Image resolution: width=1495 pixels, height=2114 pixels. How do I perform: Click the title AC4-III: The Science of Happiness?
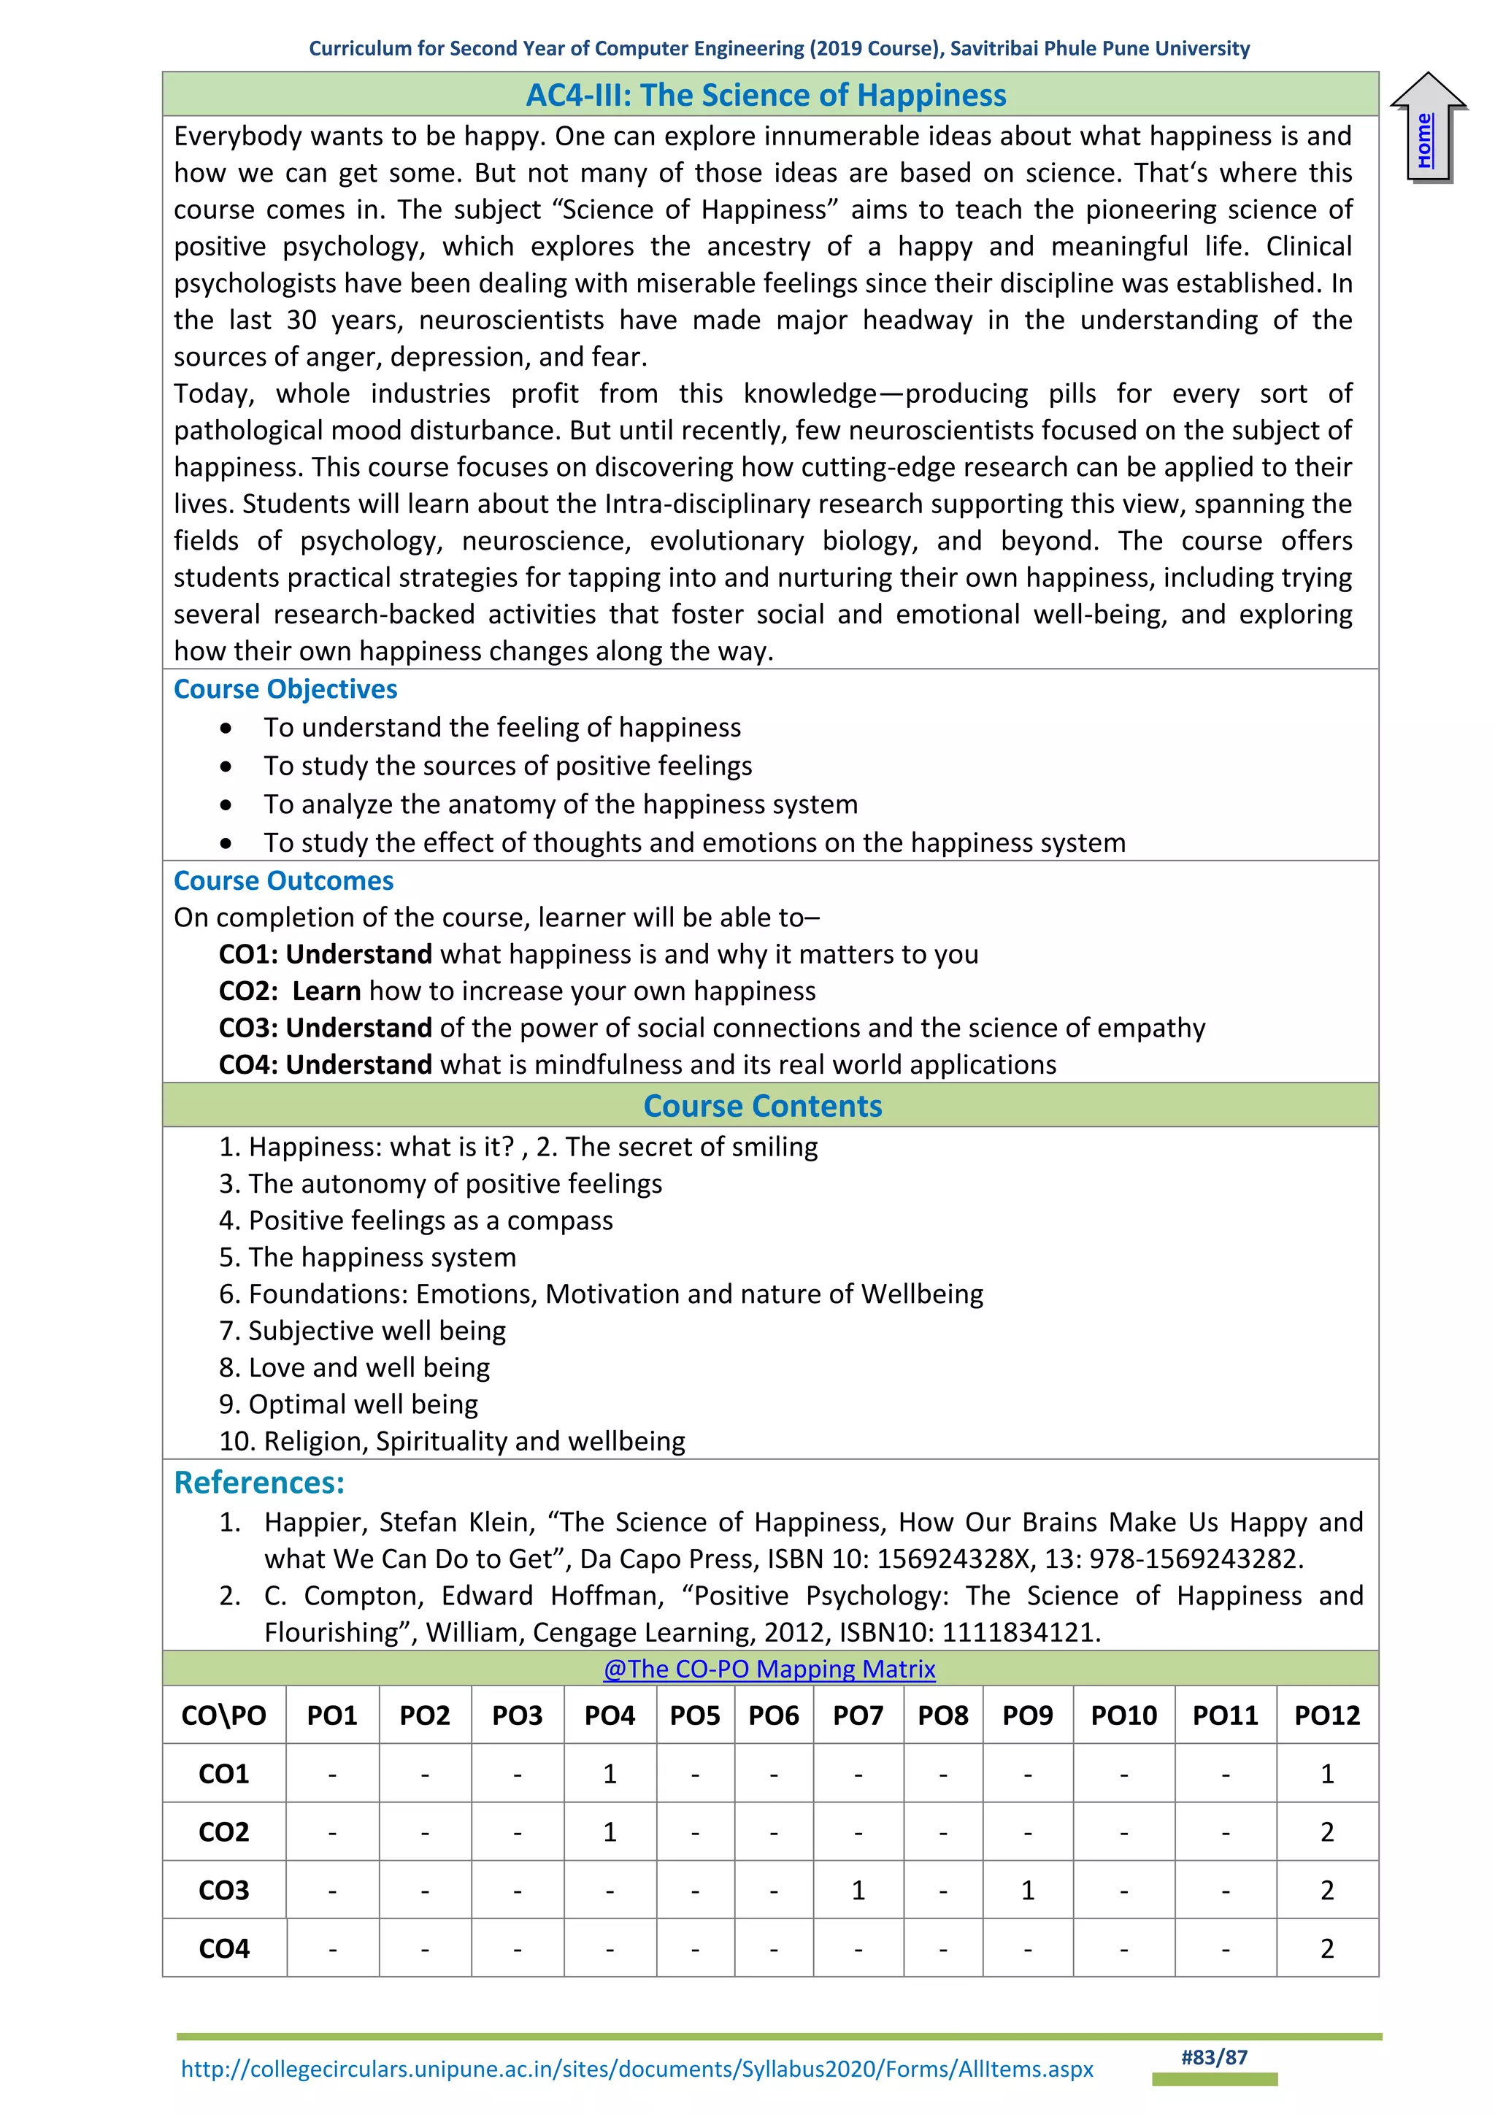(x=766, y=95)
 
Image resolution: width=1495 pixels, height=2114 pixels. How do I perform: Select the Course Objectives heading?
(x=285, y=688)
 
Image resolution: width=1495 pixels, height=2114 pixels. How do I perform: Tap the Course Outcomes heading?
(x=283, y=880)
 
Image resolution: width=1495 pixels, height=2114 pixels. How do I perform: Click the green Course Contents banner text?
(x=762, y=1105)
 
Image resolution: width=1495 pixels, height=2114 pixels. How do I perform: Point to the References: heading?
(x=260, y=1483)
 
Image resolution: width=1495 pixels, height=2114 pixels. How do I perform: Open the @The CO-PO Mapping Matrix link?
(x=769, y=1669)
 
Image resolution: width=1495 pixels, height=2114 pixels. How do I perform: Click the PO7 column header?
(x=858, y=1715)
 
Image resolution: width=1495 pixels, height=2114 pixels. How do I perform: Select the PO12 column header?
(x=1326, y=1715)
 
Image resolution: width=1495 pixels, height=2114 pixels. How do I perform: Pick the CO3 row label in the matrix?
(x=223, y=1890)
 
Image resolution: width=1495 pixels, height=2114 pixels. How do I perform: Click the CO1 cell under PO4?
(x=610, y=1773)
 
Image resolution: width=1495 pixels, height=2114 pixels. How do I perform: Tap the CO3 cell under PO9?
(x=1027, y=1890)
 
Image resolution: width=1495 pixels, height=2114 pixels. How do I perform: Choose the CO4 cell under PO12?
(x=1326, y=1948)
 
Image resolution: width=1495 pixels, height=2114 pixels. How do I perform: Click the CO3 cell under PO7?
(x=858, y=1890)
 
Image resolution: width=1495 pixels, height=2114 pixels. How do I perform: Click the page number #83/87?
(x=1214, y=2058)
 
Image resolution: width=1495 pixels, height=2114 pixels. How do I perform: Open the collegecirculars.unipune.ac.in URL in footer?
(x=637, y=2069)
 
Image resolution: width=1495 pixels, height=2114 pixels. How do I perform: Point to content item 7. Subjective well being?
(x=363, y=1331)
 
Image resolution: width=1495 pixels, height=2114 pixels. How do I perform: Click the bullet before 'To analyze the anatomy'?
(x=226, y=804)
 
